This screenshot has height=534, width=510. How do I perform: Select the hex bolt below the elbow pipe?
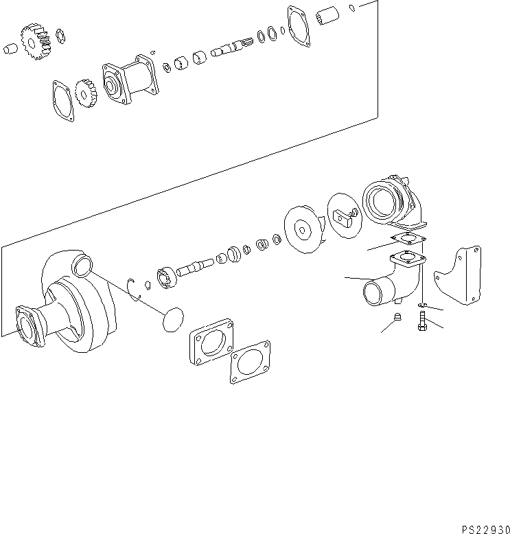421,322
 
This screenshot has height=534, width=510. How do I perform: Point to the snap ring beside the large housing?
137,288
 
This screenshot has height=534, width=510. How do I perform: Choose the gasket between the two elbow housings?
406,239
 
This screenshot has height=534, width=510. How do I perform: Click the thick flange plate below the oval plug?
211,343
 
